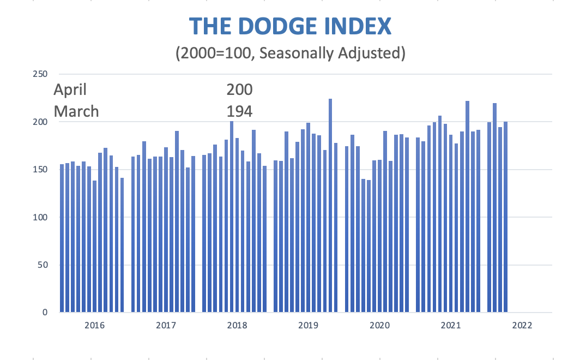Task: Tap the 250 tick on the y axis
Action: (41, 74)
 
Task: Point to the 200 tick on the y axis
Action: (41, 122)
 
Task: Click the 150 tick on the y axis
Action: (41, 169)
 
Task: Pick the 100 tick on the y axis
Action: (41, 217)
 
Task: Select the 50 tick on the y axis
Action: (44, 265)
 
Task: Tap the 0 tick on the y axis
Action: (46, 313)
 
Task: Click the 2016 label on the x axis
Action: (95, 326)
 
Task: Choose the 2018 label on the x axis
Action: (237, 326)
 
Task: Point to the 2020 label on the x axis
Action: (379, 326)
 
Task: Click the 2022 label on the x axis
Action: (522, 326)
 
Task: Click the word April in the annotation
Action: (70, 89)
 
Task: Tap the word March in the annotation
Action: (76, 111)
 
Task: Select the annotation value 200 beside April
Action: (239, 89)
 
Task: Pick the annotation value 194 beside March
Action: (239, 111)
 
